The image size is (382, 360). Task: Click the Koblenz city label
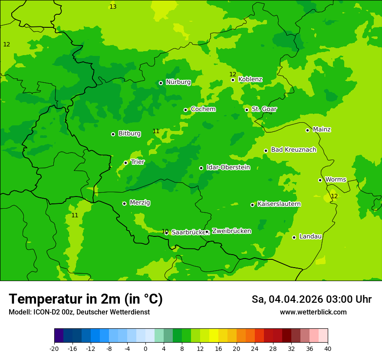250,79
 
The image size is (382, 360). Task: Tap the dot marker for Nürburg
161,83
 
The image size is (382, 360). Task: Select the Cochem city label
203,109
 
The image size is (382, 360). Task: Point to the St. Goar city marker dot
247,110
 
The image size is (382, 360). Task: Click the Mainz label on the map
322,130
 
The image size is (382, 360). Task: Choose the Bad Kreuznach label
293,150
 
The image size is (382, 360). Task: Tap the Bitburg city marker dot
113,134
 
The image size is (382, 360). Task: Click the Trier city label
138,162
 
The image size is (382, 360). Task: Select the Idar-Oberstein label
228,167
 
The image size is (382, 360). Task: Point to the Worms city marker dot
320,180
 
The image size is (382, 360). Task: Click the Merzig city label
140,203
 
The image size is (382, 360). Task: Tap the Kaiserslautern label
279,204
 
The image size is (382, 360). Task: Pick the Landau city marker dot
294,237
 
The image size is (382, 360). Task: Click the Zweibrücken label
231,231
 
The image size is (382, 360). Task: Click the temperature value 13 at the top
113,7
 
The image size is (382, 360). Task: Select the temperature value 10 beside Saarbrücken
165,231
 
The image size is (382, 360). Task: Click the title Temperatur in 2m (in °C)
86,299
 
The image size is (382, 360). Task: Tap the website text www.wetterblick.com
313,312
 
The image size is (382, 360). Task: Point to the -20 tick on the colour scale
54,349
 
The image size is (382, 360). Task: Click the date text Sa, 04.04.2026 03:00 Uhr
311,299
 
